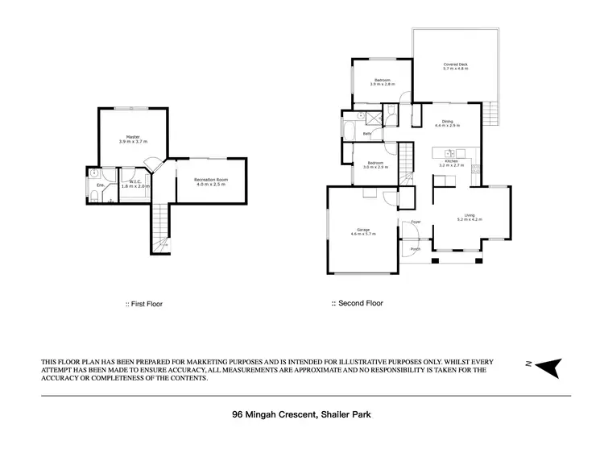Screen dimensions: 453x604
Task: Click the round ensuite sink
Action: (95, 173)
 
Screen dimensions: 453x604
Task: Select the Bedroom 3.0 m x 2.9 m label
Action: (373, 165)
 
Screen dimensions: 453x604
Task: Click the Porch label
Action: (416, 249)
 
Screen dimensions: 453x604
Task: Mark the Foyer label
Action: (416, 222)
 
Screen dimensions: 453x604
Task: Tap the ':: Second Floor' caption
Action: (358, 304)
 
